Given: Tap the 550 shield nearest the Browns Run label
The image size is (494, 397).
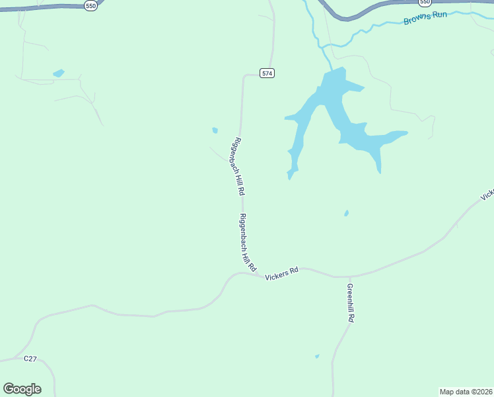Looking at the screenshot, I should point(425,3).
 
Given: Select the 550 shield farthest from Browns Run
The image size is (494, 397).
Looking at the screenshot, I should point(91,5).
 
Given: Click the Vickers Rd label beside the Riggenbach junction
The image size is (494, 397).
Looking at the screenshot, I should point(282,274).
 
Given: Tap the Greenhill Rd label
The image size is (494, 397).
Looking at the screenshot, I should point(351,302).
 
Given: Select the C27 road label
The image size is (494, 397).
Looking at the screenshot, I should point(30,358).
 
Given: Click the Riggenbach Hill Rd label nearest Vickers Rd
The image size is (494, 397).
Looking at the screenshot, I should point(248,243).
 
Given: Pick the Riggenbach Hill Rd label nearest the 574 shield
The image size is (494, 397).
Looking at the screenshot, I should point(238,166).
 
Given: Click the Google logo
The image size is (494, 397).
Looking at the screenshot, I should point(22,388).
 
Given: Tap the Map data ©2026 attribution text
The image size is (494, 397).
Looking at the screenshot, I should point(466,391).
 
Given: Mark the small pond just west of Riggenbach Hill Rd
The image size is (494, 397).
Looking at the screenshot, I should point(215,130).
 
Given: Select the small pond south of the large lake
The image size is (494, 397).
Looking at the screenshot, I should point(346,213).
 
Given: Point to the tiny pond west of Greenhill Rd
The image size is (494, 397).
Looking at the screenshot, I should point(317,356).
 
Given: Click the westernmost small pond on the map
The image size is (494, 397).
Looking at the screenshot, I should point(59,73).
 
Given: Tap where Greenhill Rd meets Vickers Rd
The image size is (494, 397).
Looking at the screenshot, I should point(347,277).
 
